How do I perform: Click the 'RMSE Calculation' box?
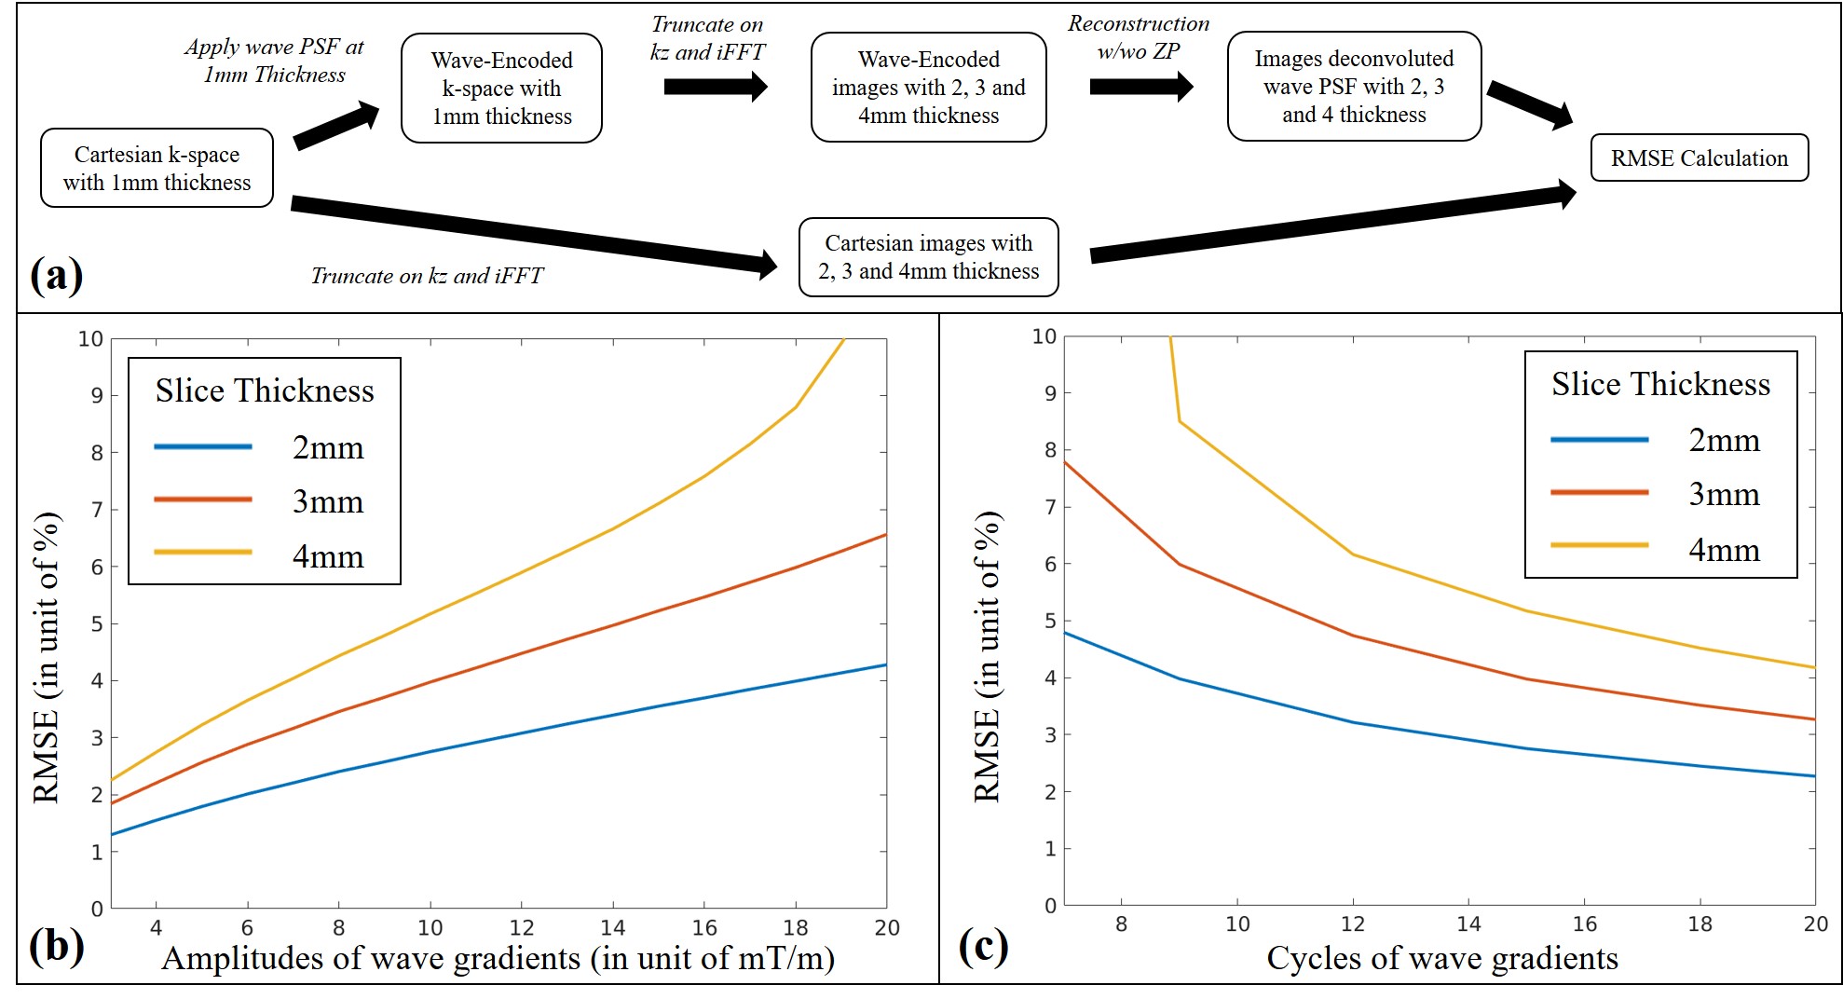[x=1699, y=157]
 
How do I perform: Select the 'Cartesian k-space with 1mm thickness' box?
[x=157, y=168]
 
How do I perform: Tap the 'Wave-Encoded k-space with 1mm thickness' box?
[x=501, y=89]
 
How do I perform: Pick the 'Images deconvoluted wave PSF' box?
[x=1354, y=87]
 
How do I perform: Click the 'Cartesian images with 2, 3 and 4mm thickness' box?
[x=928, y=257]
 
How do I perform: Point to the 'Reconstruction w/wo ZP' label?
[x=1139, y=37]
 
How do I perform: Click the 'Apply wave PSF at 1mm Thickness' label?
[x=274, y=61]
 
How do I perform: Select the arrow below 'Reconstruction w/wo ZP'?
[x=1140, y=87]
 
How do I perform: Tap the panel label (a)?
[x=56, y=276]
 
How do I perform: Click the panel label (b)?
[x=56, y=947]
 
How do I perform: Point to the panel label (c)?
[x=983, y=947]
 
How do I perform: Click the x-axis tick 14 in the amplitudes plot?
[x=612, y=928]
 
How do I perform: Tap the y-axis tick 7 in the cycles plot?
[x=1050, y=508]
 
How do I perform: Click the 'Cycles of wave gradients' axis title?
[x=1441, y=958]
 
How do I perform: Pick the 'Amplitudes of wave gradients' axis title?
[x=498, y=958]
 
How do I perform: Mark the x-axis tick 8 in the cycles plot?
[x=1121, y=924]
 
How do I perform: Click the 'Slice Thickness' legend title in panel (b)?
[x=265, y=390]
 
